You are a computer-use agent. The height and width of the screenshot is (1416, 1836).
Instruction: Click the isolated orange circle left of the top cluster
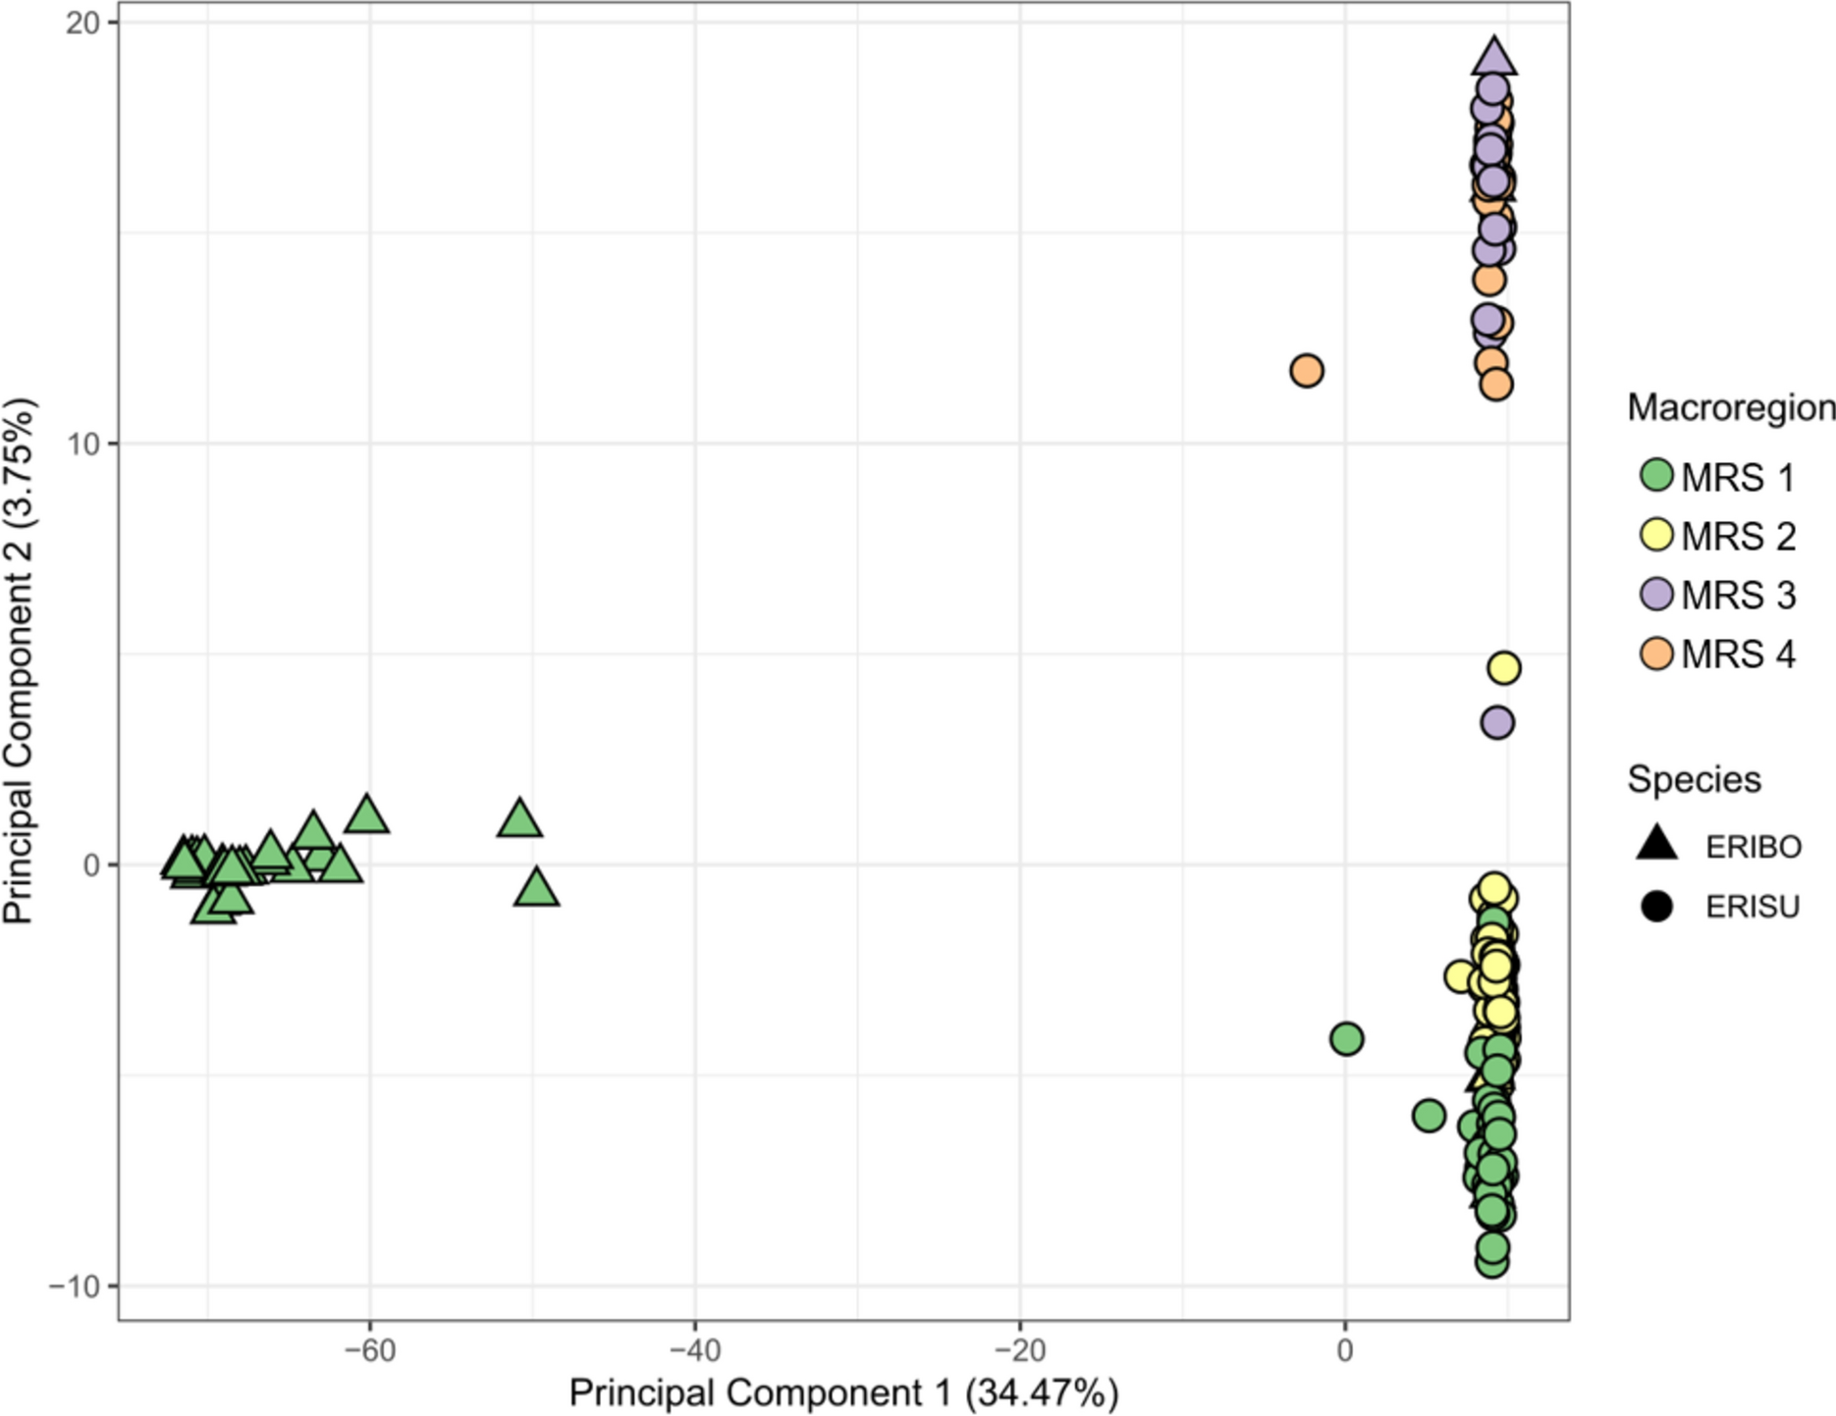point(1306,371)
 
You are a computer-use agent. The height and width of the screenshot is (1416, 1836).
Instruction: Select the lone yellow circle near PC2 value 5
point(1504,668)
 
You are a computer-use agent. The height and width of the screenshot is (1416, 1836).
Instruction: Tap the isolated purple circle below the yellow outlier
point(1496,723)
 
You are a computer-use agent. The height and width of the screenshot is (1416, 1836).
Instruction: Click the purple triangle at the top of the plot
point(1493,59)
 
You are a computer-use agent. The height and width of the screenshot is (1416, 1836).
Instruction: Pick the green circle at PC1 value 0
point(1346,1038)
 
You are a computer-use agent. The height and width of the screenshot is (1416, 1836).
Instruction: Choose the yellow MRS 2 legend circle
point(1656,535)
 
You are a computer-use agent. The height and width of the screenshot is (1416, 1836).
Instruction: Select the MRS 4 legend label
point(1737,655)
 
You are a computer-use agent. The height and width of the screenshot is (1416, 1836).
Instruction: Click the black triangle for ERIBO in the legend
point(1656,844)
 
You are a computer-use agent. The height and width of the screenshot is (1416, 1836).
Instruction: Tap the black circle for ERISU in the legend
point(1656,906)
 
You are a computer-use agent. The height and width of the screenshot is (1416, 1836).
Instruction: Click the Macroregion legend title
point(1730,407)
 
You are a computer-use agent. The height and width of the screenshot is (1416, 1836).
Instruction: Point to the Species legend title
point(1694,779)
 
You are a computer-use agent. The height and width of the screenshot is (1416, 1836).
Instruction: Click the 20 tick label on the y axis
point(82,23)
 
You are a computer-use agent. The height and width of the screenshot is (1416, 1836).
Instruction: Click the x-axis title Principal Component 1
point(843,1393)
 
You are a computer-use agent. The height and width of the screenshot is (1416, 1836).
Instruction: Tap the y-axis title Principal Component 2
point(20,659)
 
